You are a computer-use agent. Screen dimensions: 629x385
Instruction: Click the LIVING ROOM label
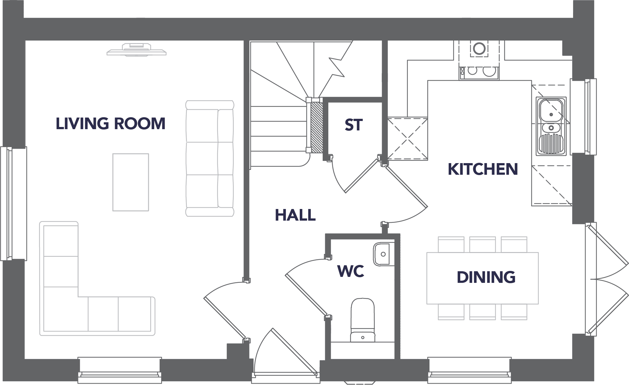pos(111,124)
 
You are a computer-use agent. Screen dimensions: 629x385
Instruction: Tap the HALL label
pos(295,215)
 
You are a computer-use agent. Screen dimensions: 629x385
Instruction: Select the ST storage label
pos(354,125)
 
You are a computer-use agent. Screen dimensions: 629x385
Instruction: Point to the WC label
pos(351,271)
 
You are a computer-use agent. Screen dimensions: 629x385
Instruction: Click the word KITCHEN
pos(483,169)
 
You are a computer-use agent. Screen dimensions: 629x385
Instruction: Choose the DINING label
pos(486,277)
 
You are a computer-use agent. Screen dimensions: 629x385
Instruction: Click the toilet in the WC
pos(363,320)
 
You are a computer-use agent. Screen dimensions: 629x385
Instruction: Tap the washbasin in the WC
pos(384,254)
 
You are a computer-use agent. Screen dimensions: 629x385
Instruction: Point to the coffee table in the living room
pos(131,182)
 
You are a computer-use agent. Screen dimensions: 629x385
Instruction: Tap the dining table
pos(483,278)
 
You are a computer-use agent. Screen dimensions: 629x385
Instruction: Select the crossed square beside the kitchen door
pos(407,139)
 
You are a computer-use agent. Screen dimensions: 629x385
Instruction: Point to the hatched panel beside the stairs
pos(316,128)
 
